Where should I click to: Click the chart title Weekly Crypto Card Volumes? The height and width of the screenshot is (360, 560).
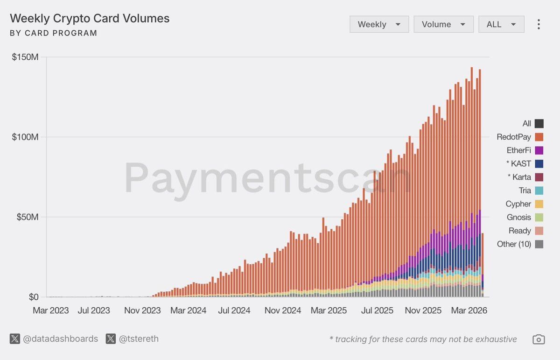[90, 19]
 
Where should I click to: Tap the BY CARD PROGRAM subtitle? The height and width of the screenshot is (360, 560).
[54, 33]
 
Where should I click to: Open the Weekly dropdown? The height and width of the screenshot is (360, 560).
[379, 24]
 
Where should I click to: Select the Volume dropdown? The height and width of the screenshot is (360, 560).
[443, 24]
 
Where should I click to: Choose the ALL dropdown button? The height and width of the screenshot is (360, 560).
[501, 24]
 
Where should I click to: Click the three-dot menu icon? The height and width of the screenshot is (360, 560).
[539, 24]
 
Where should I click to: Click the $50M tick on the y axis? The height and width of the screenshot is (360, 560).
[27, 217]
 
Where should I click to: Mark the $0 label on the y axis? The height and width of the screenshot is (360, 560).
[34, 297]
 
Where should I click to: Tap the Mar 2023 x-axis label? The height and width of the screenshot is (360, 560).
[50, 311]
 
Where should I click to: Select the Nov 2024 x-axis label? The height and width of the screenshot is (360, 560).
[282, 311]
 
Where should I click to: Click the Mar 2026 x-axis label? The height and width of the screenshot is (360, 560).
[468, 311]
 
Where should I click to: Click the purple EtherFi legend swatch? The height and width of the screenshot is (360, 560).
[539, 150]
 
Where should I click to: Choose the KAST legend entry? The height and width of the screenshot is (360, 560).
[518, 164]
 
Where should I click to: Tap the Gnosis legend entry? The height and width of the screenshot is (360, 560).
[518, 217]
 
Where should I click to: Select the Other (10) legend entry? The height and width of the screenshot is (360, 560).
[514, 244]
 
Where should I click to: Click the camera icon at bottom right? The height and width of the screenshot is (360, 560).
[539, 339]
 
